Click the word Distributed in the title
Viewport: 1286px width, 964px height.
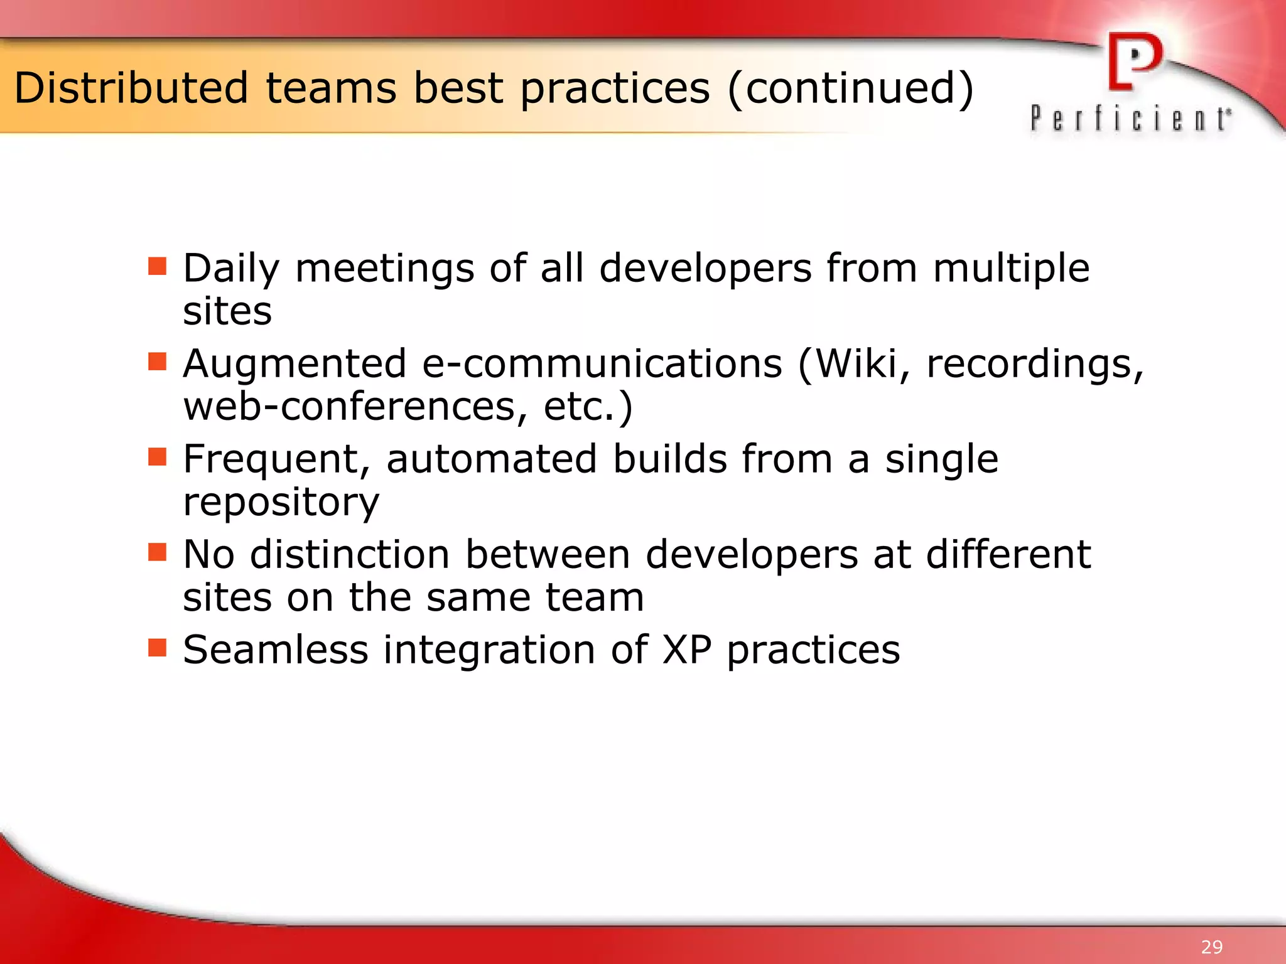131,88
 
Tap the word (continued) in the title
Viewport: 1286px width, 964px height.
850,88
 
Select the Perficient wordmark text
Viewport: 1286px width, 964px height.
1130,119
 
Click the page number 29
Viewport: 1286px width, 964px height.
1211,946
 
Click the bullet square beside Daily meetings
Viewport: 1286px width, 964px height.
157,266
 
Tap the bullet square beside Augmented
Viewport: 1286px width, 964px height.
157,361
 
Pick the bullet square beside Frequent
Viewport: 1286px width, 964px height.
157,457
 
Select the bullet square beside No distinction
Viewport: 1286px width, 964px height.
157,552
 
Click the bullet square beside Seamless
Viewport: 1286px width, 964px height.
157,648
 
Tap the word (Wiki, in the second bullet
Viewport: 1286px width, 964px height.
854,364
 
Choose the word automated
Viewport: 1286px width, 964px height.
492,459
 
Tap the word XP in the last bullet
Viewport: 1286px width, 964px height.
687,650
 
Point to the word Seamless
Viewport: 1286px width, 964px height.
275,650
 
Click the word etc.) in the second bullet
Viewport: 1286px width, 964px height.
588,407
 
